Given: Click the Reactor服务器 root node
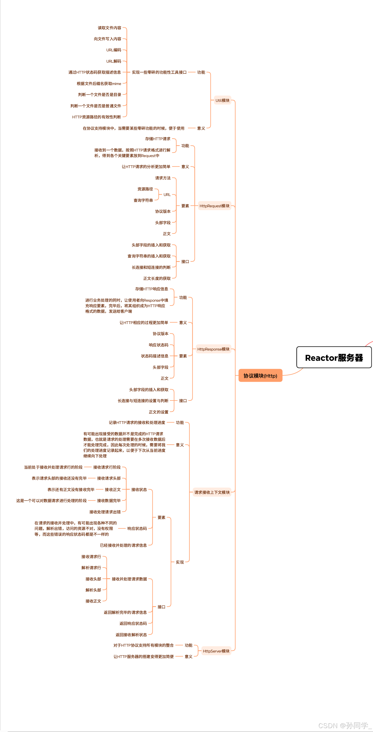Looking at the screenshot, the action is point(334,357).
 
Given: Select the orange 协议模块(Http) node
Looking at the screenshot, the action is point(260,376).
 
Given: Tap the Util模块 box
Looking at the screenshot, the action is point(222,100).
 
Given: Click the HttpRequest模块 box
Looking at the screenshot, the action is point(214,206).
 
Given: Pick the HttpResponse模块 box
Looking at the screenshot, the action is point(213,349).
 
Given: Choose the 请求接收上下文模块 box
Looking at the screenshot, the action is point(212,492).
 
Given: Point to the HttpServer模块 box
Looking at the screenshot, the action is point(216,651).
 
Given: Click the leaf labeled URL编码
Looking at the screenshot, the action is point(114,50).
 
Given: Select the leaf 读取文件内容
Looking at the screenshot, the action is point(109,28).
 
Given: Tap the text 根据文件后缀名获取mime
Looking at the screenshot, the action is point(99,84).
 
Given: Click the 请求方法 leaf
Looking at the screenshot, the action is point(163,178).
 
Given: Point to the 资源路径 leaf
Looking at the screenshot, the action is point(145,189).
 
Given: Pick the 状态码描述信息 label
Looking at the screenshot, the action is point(155,356).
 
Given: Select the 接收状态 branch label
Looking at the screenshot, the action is point(139,489).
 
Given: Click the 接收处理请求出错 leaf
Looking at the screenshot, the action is point(105,512).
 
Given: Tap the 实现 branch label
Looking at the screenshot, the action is point(180,562).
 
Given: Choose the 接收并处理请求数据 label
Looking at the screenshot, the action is point(129,579).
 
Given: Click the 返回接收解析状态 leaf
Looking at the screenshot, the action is point(131,635).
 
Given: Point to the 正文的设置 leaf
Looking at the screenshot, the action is point(159,412).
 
